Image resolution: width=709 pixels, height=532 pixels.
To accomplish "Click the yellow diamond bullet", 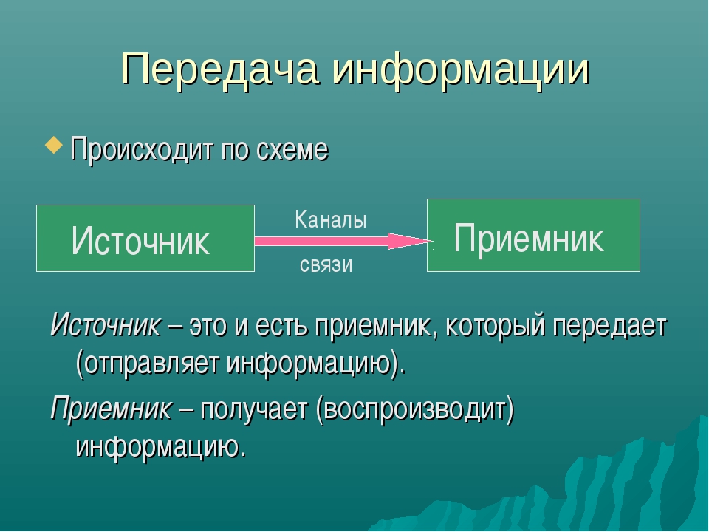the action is pyautogui.click(x=54, y=146).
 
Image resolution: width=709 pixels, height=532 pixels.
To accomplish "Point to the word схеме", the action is pyautogui.click(x=292, y=149).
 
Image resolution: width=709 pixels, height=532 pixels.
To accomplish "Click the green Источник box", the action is pyautogui.click(x=145, y=239).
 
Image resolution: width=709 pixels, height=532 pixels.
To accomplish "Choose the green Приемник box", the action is pyautogui.click(x=533, y=235).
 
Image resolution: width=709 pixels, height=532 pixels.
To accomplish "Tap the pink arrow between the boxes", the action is pyautogui.click(x=343, y=241).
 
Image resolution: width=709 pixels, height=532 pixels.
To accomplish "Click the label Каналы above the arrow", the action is pyautogui.click(x=331, y=220).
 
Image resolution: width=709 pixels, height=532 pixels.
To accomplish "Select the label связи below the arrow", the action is pyautogui.click(x=326, y=265).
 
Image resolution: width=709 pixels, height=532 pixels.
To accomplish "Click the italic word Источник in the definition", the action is pyautogui.click(x=106, y=325).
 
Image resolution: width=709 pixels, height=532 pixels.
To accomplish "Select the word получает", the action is pyautogui.click(x=253, y=409).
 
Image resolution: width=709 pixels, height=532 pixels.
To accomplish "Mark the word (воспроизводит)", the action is pyautogui.click(x=415, y=410).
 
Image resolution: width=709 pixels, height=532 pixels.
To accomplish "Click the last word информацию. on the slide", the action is pyautogui.click(x=161, y=448).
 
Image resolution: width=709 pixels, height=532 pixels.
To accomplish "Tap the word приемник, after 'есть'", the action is pyautogui.click(x=377, y=326).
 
